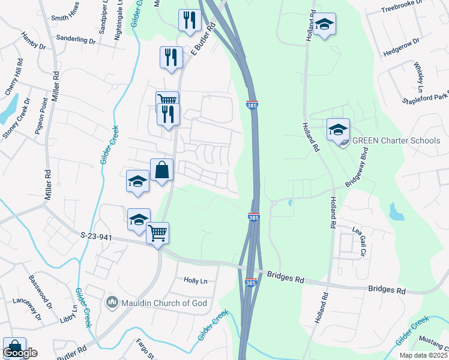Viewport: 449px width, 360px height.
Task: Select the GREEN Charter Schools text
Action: pyautogui.click(x=396, y=141)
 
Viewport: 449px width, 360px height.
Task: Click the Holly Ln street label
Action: pyautogui.click(x=195, y=281)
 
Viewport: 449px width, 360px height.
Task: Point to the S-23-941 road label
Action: pyautogui.click(x=97, y=237)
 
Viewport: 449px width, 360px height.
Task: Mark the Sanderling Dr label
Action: pyautogui.click(x=76, y=39)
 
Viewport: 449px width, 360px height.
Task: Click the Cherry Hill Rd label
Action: pyautogui.click(x=14, y=76)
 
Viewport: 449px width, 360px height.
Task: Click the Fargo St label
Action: pyautogui.click(x=146, y=347)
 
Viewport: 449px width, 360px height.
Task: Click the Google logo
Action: pyautogui.click(x=20, y=353)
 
